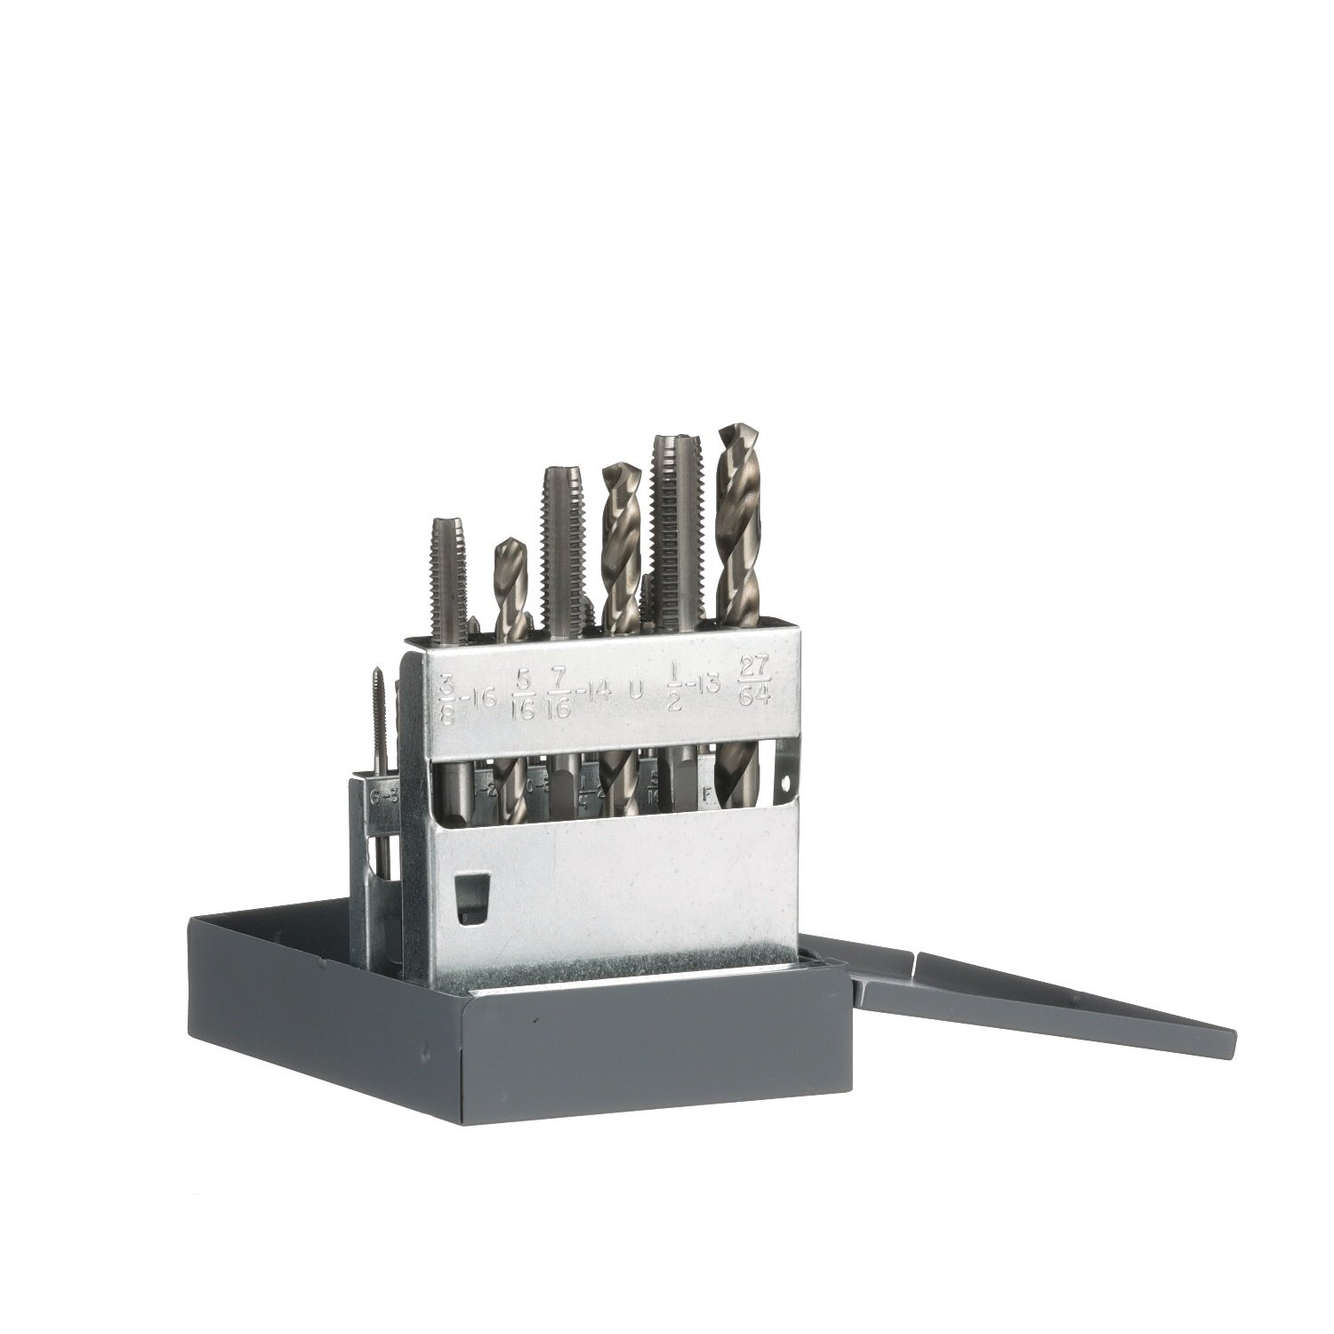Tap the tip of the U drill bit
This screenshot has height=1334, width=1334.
point(615,471)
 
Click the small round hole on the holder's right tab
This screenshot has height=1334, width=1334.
point(786,781)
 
